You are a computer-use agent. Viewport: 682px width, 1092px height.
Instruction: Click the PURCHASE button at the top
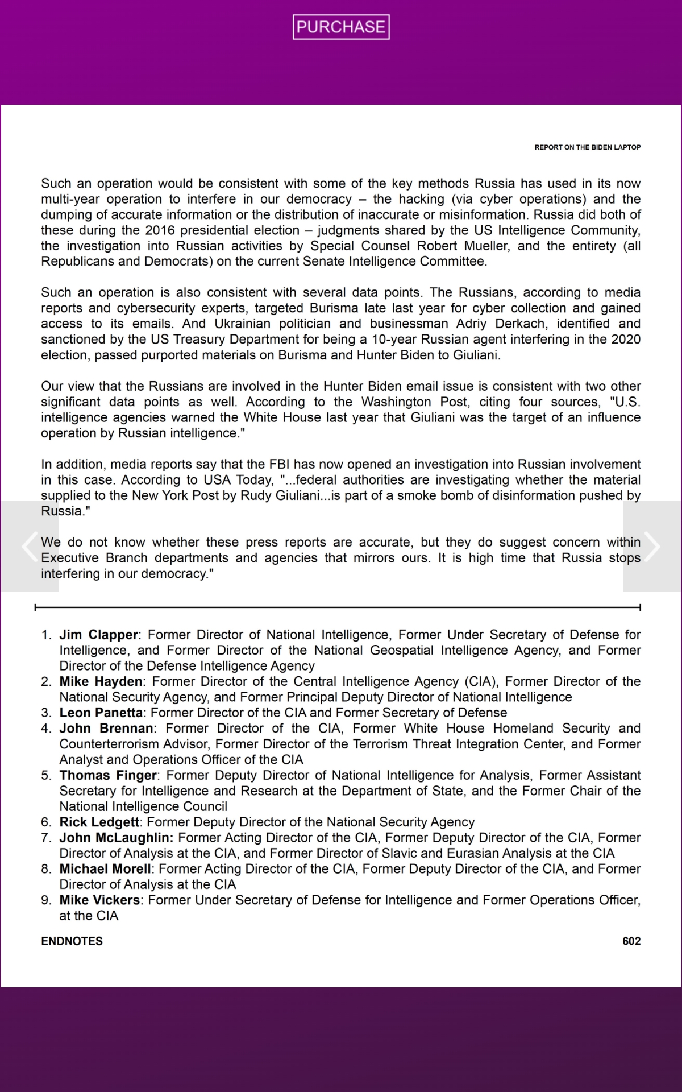pyautogui.click(x=341, y=27)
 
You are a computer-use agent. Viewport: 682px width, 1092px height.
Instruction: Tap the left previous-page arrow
pyautogui.click(x=30, y=546)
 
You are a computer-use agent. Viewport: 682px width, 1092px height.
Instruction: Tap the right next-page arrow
pyautogui.click(x=652, y=546)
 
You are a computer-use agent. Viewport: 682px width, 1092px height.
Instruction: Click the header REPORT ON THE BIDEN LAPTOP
pyautogui.click(x=587, y=147)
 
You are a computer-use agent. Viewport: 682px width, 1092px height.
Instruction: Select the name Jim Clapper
pyautogui.click(x=99, y=635)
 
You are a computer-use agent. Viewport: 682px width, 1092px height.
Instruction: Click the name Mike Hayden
pyautogui.click(x=101, y=681)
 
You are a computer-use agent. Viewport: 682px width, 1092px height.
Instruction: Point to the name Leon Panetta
pyautogui.click(x=101, y=713)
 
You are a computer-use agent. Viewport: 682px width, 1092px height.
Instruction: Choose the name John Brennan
pyautogui.click(x=106, y=729)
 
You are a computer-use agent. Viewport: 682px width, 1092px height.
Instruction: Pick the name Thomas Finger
pyautogui.click(x=108, y=775)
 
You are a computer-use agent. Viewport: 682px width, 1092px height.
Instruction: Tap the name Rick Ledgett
pyautogui.click(x=99, y=822)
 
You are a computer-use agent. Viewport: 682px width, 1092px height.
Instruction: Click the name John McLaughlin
pyautogui.click(x=116, y=838)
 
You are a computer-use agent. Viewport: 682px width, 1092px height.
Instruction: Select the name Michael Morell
pyautogui.click(x=106, y=869)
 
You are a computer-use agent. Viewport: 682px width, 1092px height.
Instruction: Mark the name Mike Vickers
pyautogui.click(x=99, y=900)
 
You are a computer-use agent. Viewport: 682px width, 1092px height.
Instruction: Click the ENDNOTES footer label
pyautogui.click(x=72, y=941)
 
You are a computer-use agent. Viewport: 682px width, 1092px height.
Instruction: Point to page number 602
pyautogui.click(x=631, y=941)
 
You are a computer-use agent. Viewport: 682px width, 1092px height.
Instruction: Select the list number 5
pyautogui.click(x=46, y=775)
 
